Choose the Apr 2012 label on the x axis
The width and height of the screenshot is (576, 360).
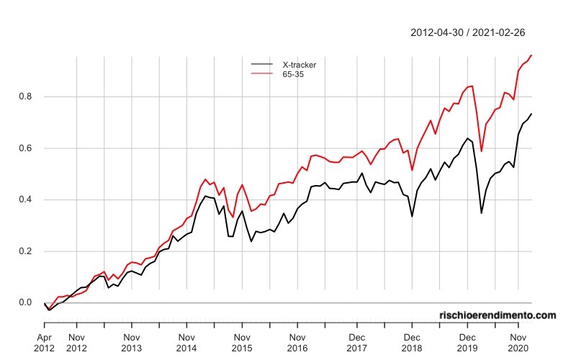pos(45,343)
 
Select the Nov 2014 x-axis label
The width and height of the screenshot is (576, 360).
pos(186,343)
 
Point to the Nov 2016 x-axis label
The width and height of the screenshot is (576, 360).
pos(297,343)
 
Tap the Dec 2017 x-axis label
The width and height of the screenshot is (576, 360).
pos(356,343)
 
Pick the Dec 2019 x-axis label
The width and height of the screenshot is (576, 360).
pos(467,343)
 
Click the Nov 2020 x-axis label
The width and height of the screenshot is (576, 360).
pos(518,343)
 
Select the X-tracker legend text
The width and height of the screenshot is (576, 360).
pos(300,65)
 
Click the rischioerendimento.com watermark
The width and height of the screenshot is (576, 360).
pos(498,315)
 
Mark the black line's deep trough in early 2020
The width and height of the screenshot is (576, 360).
pos(482,212)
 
